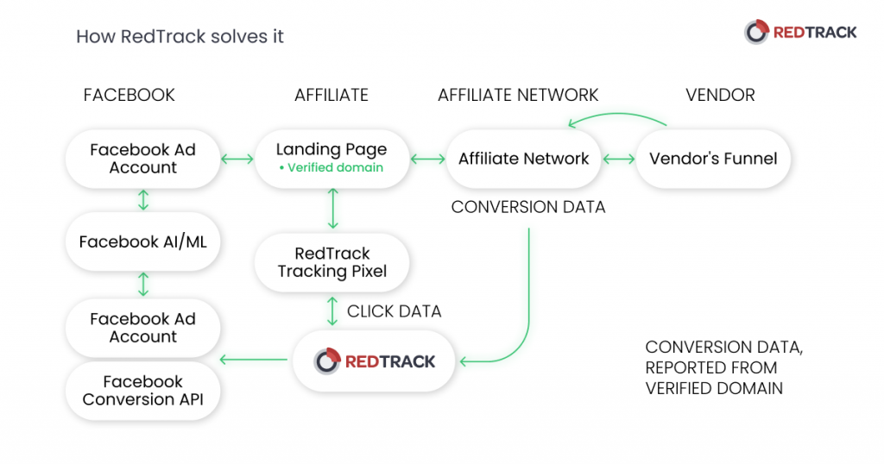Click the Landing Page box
[x=331, y=159]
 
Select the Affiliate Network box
[x=523, y=159]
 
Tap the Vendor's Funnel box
[x=713, y=159]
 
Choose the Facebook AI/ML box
[x=143, y=242]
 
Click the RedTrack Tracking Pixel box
[x=331, y=262]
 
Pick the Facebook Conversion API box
[x=143, y=391]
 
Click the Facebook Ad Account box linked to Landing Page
[x=143, y=159]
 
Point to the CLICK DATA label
[x=394, y=311]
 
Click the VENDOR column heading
[x=720, y=96]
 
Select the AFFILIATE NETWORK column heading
[x=518, y=96]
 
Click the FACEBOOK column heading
[x=129, y=96]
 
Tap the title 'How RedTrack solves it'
[x=180, y=36]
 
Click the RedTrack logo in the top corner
[x=800, y=33]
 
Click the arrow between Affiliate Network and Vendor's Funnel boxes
[x=618, y=160]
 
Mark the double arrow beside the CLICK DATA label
[x=332, y=311]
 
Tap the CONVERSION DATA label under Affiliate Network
[x=527, y=207]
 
